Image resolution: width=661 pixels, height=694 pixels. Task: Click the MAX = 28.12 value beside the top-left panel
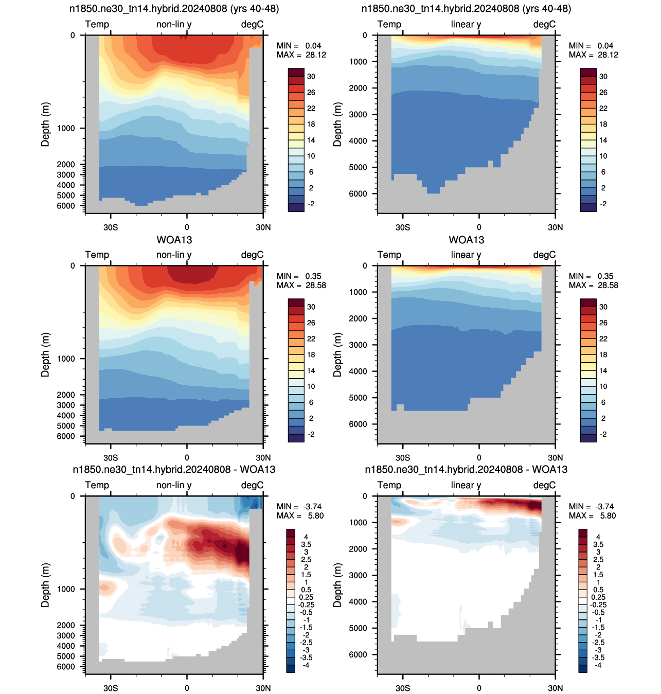tap(301, 55)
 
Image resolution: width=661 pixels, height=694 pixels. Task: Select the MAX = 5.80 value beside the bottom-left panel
tap(300, 515)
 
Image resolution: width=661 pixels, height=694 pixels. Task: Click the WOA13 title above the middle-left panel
tap(174, 240)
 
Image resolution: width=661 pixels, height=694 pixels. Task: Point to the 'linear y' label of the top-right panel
tap(466, 24)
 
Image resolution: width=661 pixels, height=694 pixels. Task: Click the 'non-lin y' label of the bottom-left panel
tap(174, 485)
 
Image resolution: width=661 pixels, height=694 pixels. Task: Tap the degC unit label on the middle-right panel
tap(544, 255)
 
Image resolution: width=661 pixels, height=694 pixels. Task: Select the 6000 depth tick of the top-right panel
tap(358, 193)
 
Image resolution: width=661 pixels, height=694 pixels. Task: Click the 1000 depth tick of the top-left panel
tap(66, 128)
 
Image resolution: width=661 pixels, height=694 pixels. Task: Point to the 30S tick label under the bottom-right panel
tap(403, 688)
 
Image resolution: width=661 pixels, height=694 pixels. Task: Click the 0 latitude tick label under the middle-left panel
tap(187, 457)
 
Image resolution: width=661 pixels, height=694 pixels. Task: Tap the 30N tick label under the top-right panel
tap(556, 227)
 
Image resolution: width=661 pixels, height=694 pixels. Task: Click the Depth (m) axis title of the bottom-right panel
tap(337, 585)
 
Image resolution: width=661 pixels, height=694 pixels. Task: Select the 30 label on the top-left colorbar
tap(311, 76)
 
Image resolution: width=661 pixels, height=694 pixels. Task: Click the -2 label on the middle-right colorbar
tap(603, 434)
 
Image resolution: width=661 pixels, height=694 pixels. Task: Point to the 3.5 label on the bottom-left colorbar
tap(306, 544)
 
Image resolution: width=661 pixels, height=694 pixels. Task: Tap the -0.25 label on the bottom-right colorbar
tap(598, 604)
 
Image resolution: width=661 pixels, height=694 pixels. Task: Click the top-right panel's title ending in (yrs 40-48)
tap(466, 8)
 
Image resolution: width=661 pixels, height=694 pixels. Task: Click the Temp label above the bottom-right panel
tap(389, 485)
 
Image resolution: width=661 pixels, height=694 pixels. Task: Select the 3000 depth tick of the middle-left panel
tap(66, 405)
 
